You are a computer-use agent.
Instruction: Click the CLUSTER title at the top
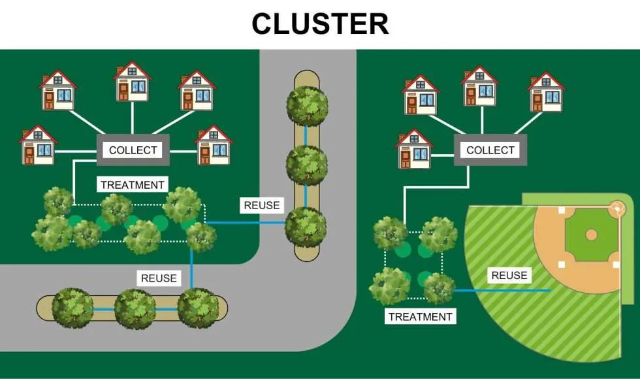point(321,24)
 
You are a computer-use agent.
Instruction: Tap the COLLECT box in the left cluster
point(133,150)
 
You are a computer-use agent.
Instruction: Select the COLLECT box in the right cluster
point(490,150)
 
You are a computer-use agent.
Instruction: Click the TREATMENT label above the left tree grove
point(133,184)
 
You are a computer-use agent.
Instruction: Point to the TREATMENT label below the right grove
point(420,316)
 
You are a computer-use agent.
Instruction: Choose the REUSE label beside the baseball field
point(509,275)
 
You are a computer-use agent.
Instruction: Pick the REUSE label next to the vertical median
point(262,205)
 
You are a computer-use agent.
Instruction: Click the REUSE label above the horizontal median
point(159,278)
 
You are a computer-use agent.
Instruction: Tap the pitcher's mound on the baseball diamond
point(591,235)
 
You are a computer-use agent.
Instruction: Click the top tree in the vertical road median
point(307,105)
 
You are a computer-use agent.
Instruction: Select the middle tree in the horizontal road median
point(135,308)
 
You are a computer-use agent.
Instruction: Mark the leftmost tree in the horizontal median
point(72,308)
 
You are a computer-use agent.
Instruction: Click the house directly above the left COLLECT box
point(132,81)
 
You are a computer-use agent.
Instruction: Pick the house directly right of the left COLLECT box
point(214,145)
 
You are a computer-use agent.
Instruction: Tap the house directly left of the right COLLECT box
point(414,149)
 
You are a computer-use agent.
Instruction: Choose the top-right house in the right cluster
point(546,92)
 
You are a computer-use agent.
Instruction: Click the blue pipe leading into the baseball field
point(502,290)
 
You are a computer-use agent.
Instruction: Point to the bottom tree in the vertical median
point(306,227)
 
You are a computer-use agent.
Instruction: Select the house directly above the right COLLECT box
point(479,86)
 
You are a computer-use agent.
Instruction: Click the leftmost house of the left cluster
point(38,145)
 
